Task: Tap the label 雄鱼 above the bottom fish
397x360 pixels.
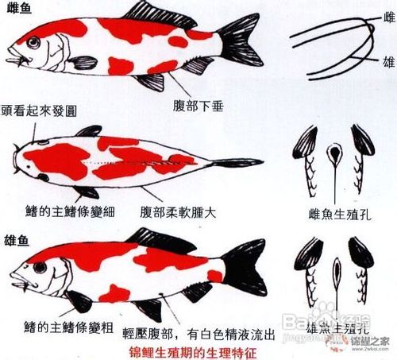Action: coord(17,238)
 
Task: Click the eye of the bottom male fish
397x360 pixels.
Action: coord(37,268)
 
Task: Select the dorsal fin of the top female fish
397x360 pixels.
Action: coord(159,11)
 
